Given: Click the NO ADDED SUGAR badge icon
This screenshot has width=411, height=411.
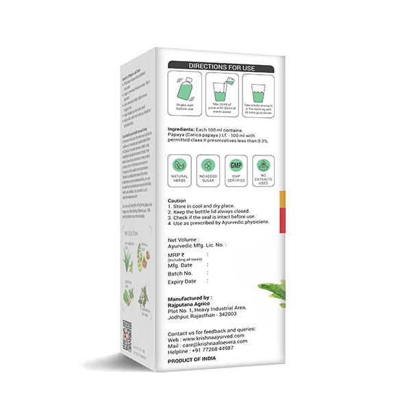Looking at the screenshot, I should [208, 166].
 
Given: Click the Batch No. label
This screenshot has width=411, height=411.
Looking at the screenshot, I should [180, 273].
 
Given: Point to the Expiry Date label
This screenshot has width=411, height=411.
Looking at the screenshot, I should [182, 282].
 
